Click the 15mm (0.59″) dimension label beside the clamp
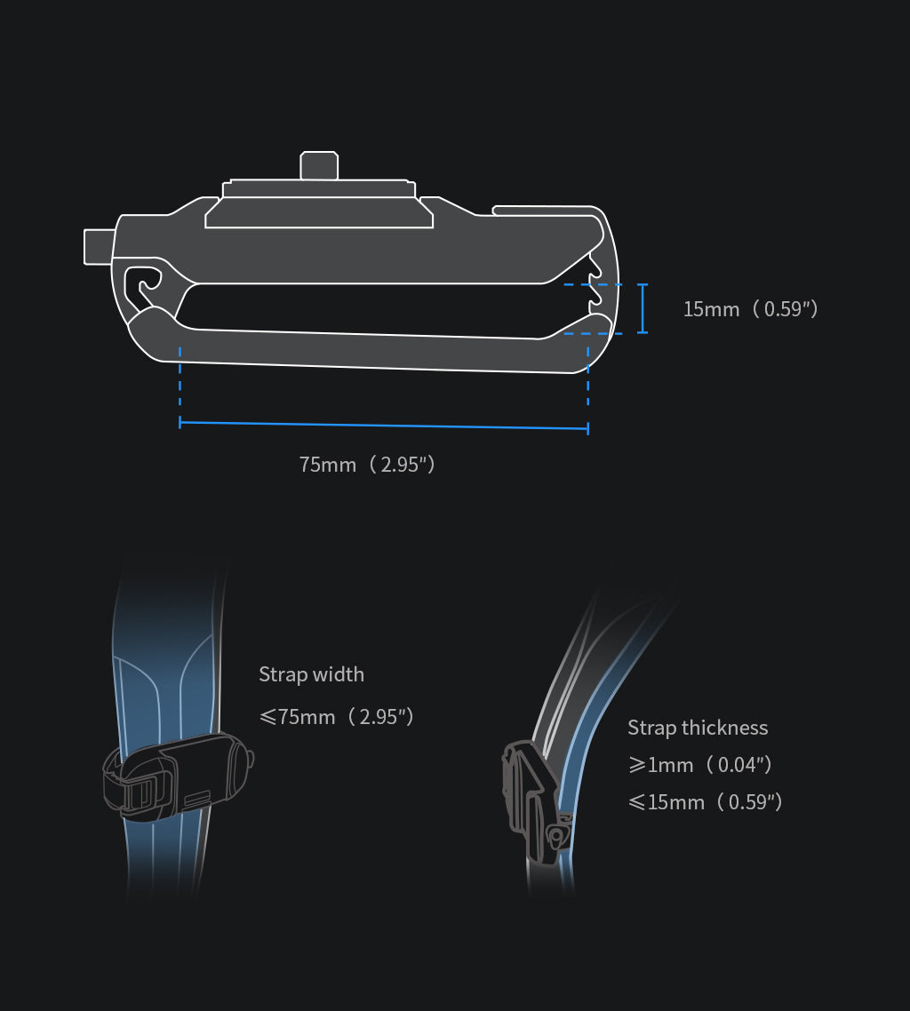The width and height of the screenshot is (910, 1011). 750,309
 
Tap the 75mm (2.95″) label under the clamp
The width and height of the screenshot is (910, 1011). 367,464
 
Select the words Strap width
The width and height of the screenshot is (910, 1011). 311,674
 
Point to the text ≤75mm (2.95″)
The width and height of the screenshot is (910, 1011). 336,716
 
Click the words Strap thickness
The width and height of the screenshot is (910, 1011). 698,728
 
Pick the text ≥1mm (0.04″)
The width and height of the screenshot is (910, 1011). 699,764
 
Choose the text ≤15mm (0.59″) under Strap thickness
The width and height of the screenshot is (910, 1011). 705,801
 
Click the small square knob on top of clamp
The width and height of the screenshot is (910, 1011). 319,165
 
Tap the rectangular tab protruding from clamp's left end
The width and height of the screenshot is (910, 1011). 97,246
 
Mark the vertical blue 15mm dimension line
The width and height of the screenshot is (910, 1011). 643,308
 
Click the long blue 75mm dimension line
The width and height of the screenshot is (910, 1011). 384,426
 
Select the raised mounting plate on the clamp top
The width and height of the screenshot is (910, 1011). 319,205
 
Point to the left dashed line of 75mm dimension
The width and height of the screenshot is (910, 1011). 180,382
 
